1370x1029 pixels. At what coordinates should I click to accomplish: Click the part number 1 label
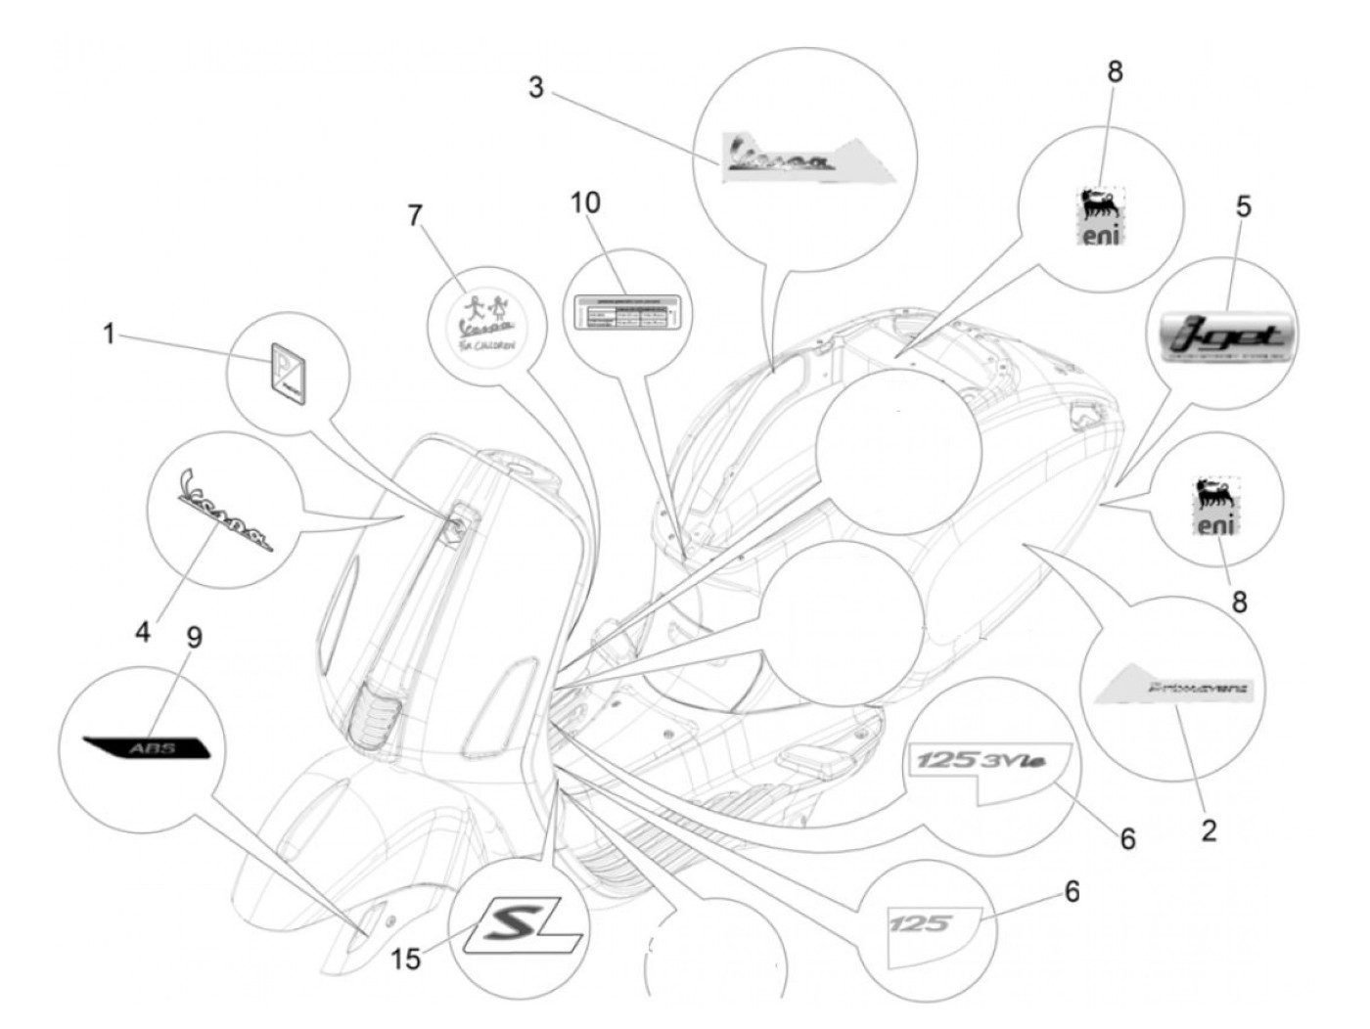[x=110, y=336]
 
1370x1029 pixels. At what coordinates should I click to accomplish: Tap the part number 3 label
[x=535, y=86]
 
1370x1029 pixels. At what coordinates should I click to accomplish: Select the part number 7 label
[x=416, y=215]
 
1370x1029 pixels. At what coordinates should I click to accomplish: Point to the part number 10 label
[x=586, y=202]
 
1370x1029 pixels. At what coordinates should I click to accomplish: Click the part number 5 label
[x=1243, y=206]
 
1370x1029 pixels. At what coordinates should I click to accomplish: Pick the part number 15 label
[x=406, y=959]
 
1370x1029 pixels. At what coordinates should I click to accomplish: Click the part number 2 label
[x=1209, y=830]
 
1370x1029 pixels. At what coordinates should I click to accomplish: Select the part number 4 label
[x=143, y=631]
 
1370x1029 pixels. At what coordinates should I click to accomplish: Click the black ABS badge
[x=147, y=748]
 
